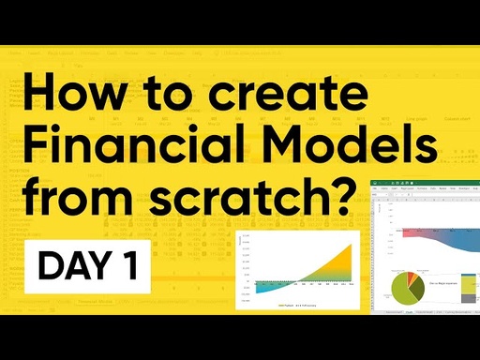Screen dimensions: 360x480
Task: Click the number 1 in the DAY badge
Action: pos(130,266)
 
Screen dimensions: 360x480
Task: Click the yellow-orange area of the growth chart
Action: pos(333,268)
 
